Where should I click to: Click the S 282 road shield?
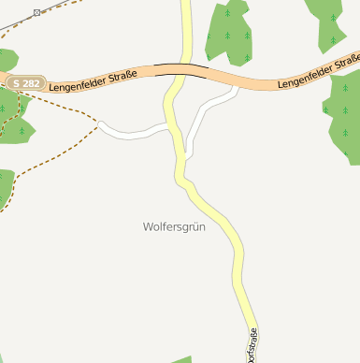click(x=25, y=83)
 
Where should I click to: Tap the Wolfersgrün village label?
click(x=174, y=226)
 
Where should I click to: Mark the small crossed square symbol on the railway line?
click(x=36, y=12)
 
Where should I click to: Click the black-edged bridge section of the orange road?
click(x=181, y=66)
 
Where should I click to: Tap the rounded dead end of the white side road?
click(x=100, y=123)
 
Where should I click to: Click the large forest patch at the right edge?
click(x=344, y=117)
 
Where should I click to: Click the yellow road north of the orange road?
click(x=186, y=28)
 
